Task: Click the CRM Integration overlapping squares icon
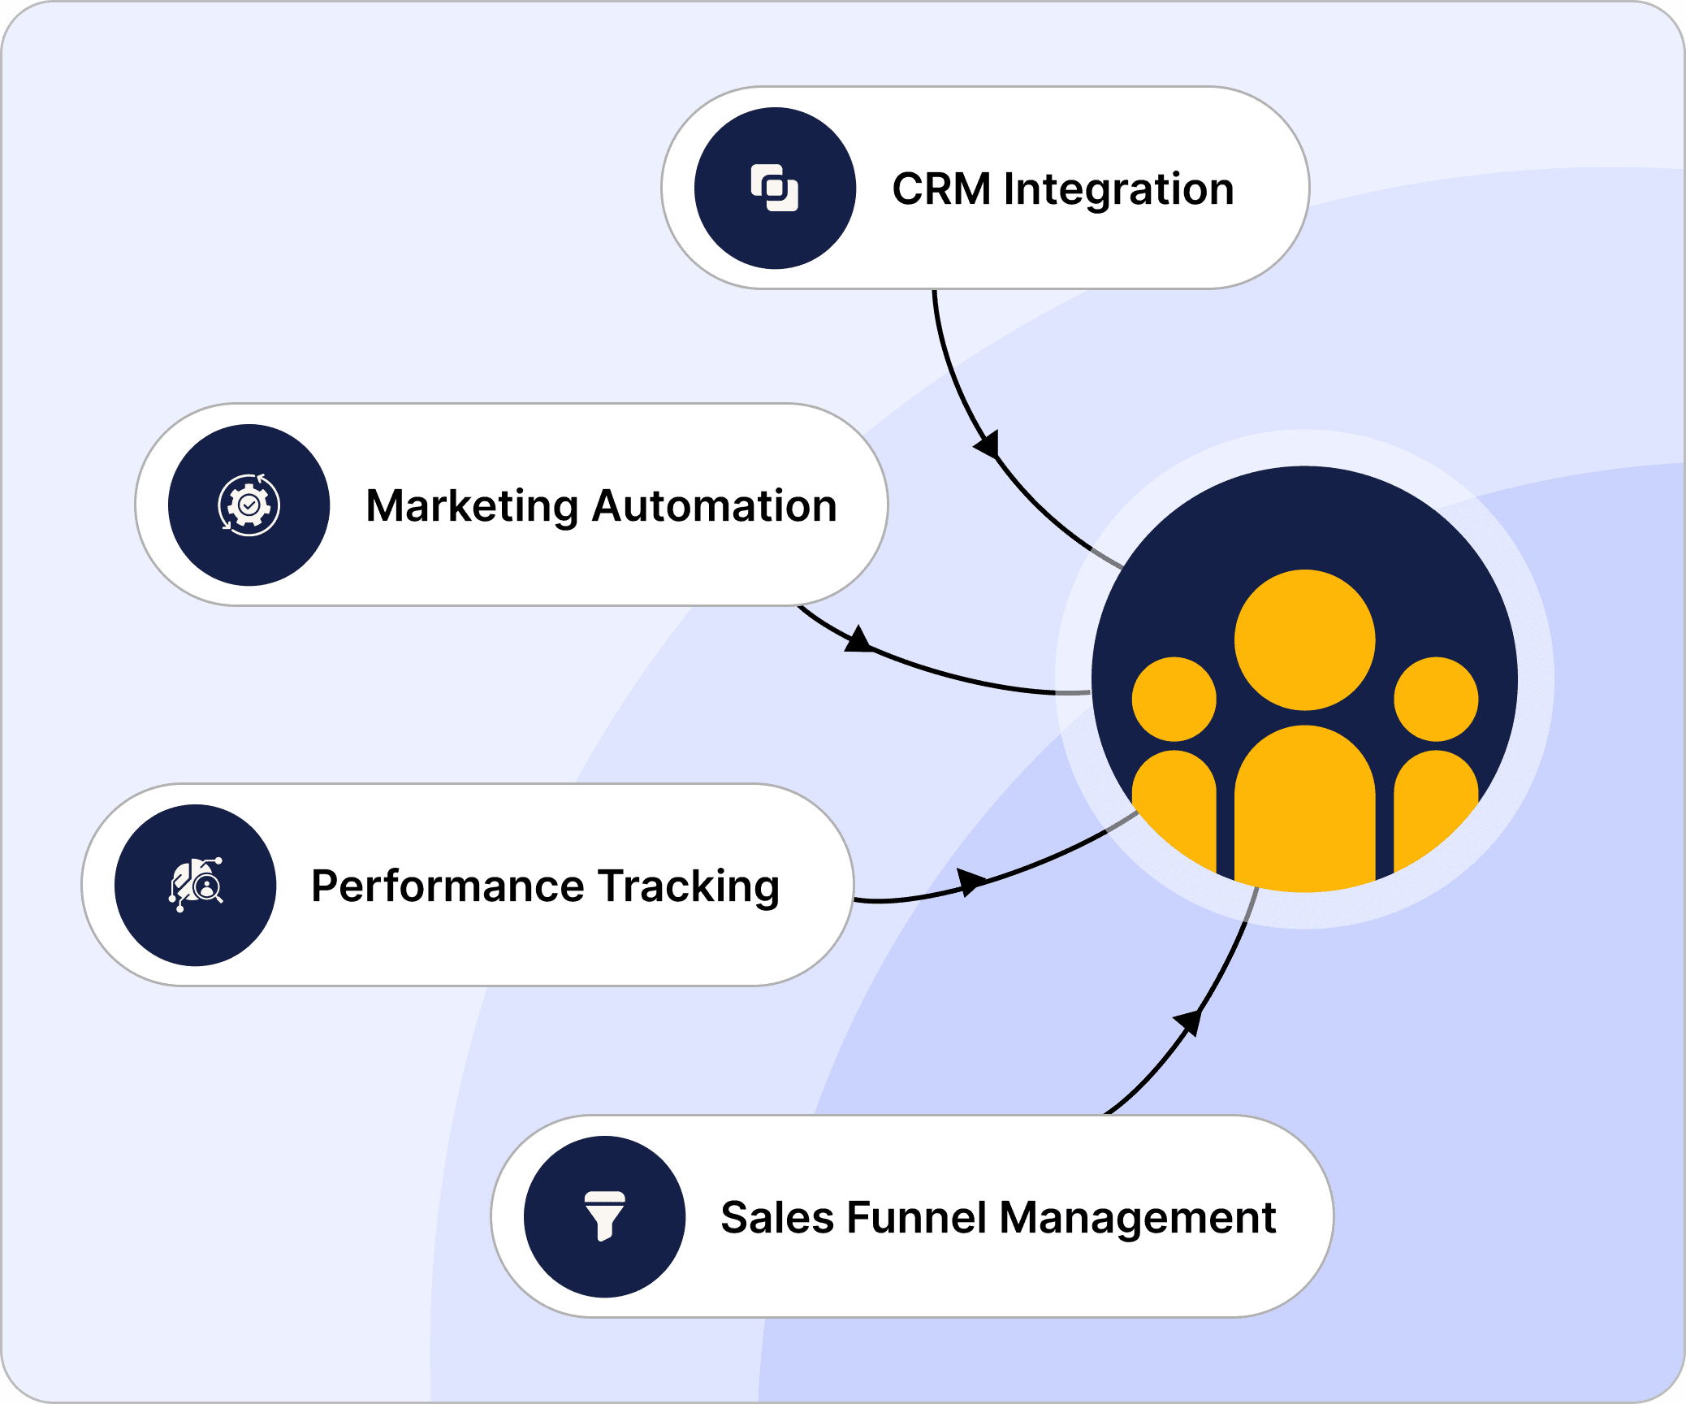pos(775,188)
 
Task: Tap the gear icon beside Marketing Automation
pos(249,505)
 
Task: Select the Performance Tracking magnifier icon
pos(196,886)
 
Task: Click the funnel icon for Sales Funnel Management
pos(605,1216)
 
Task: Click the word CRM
pos(941,189)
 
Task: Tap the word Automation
pos(715,506)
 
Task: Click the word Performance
pos(447,886)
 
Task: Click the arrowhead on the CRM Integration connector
pos(988,445)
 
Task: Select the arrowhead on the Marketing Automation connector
pos(858,640)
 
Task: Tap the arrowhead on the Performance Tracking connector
pos(971,881)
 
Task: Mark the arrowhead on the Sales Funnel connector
pos(1189,1021)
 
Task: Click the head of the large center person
pos(1304,640)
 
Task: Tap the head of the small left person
pos(1174,700)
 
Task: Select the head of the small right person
pos(1436,700)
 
